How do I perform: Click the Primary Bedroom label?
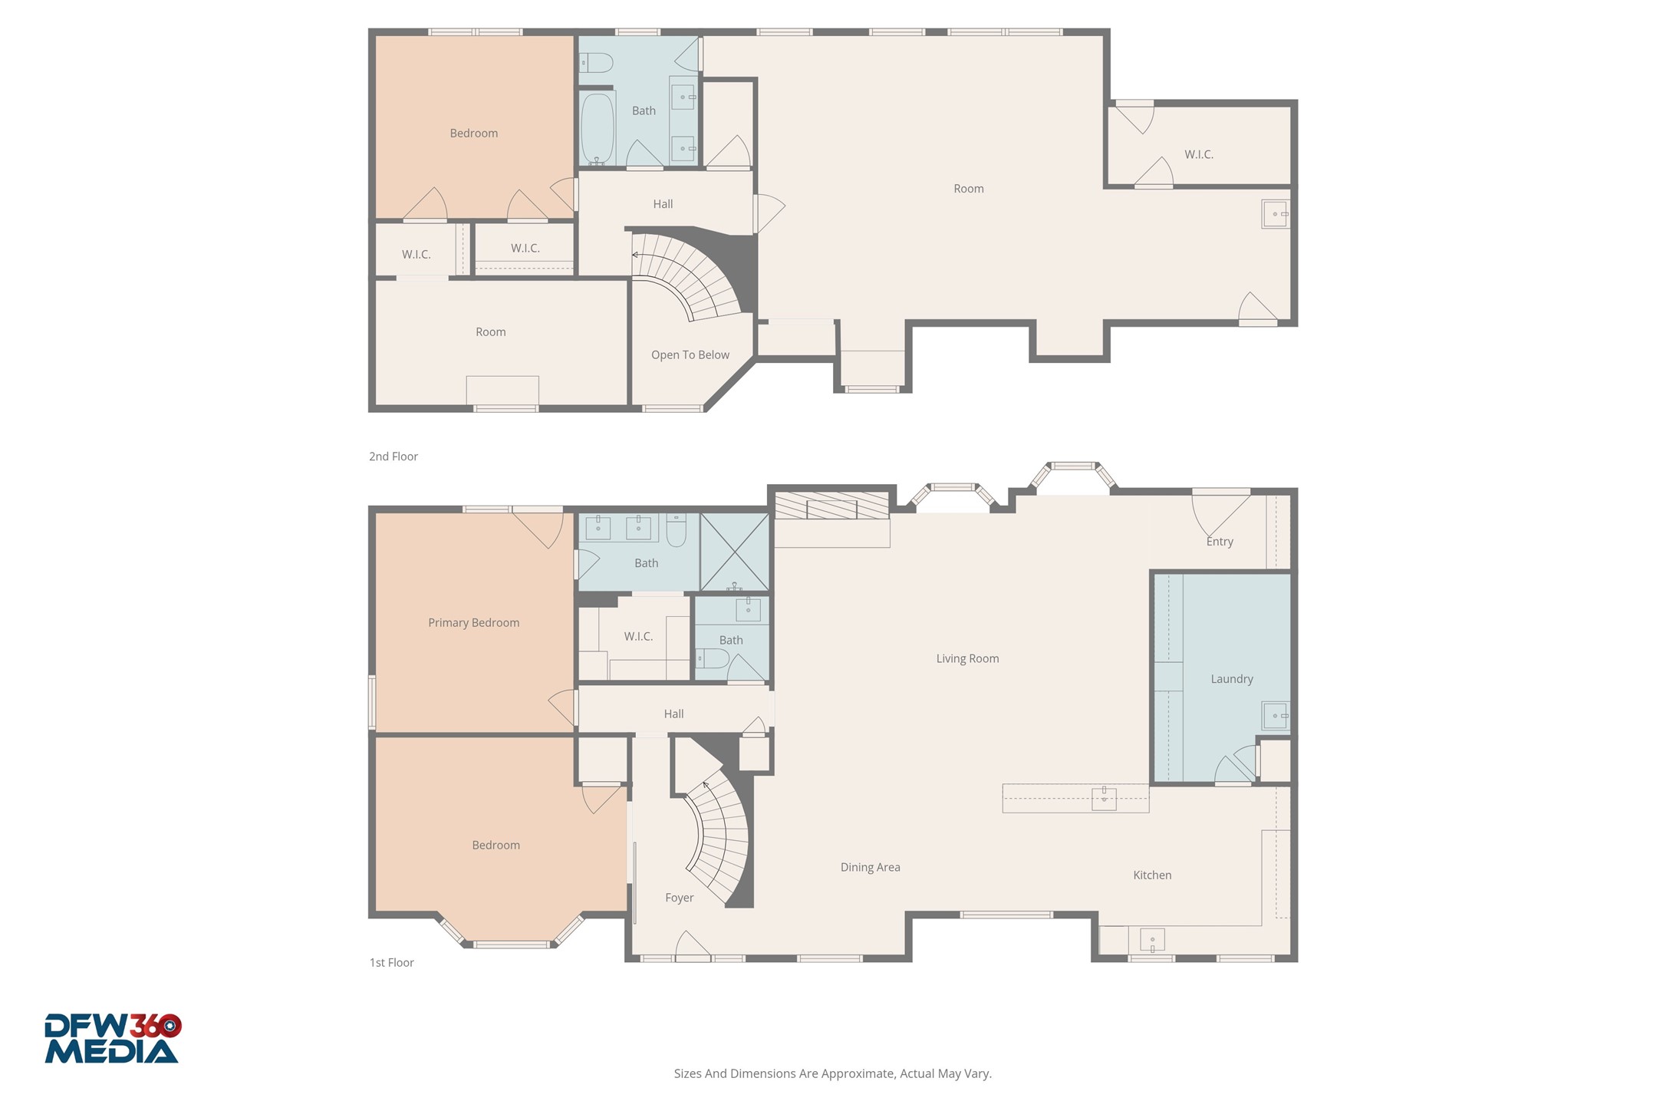point(473,622)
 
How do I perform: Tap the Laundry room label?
point(1231,678)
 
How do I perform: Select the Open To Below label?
point(690,354)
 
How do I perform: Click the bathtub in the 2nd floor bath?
point(597,128)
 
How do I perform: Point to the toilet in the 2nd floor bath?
point(596,62)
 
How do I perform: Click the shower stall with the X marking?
point(734,552)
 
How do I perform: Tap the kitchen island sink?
point(1103,799)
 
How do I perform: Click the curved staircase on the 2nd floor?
point(683,276)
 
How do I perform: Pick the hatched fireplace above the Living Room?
point(831,506)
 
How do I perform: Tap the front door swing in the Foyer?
point(692,947)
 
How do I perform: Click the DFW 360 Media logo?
point(112,1038)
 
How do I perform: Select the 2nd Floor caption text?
point(393,457)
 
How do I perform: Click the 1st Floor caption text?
point(391,962)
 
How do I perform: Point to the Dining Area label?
point(870,867)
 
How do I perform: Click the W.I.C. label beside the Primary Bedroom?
point(637,636)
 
